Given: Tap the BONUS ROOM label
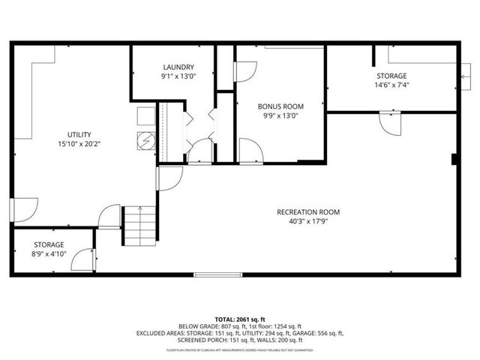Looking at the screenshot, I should pyautogui.click(x=280, y=106).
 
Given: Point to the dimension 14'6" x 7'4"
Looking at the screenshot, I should pyautogui.click(x=391, y=85).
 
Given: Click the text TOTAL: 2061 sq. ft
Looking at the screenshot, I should pyautogui.click(x=240, y=319).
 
